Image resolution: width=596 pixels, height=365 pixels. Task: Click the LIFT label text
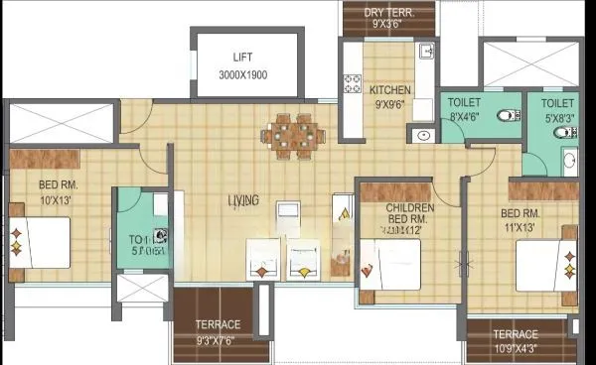[x=243, y=58]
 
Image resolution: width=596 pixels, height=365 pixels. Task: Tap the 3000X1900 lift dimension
[x=243, y=74]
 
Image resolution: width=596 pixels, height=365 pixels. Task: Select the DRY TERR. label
[x=389, y=12]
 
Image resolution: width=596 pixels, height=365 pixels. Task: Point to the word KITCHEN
[x=390, y=90]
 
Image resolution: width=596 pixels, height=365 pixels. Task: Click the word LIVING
[x=243, y=201]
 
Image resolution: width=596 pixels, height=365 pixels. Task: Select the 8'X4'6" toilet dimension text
[x=464, y=115]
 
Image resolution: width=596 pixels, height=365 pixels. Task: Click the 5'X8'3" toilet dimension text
[x=557, y=115]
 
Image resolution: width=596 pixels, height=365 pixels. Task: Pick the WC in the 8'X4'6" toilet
[x=507, y=115]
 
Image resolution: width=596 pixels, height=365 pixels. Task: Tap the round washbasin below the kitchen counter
[x=423, y=135]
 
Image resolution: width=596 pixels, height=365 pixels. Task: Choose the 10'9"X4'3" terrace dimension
[x=514, y=349]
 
